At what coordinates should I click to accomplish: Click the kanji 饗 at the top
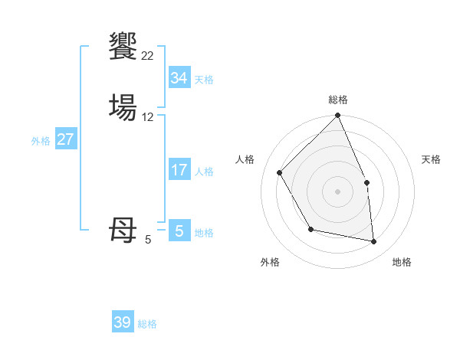tap(123, 46)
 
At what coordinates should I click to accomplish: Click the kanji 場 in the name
tap(123, 107)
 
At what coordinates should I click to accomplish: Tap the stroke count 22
tap(147, 55)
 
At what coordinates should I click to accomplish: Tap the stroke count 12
tap(148, 117)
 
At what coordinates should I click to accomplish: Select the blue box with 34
tap(179, 78)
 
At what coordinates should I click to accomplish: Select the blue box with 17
tap(179, 170)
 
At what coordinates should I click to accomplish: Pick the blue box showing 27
tap(66, 139)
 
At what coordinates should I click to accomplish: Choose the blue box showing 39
tap(123, 322)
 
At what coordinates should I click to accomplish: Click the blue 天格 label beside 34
tap(204, 79)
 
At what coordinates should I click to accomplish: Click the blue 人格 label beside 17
tap(204, 172)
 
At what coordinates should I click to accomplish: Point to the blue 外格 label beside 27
tap(41, 141)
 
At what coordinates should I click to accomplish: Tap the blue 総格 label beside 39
tap(148, 324)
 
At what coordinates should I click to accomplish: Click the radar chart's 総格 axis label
tap(338, 100)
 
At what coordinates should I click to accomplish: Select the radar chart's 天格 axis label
tap(431, 159)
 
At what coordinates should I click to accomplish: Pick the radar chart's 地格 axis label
tap(402, 262)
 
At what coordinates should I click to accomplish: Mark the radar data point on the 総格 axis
tap(338, 116)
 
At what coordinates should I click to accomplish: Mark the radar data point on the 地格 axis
tap(373, 241)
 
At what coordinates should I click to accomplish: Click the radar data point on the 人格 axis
tap(280, 172)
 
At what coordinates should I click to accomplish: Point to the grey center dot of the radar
tap(338, 191)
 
